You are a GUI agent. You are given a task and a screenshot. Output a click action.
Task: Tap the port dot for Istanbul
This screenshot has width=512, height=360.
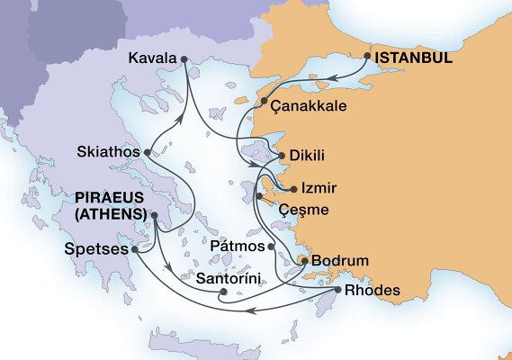pyautogui.click(x=368, y=56)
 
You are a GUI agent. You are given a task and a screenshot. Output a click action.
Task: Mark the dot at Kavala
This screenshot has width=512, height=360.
pyautogui.click(x=184, y=59)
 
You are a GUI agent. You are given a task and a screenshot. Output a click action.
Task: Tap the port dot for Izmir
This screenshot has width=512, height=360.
pyautogui.click(x=293, y=189)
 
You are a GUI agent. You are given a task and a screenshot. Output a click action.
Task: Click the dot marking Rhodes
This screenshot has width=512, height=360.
pyautogui.click(x=337, y=291)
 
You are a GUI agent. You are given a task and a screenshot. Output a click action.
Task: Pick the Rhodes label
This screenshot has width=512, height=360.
pyautogui.click(x=371, y=291)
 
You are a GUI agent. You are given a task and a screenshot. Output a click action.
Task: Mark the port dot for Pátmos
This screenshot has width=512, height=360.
pyautogui.click(x=270, y=245)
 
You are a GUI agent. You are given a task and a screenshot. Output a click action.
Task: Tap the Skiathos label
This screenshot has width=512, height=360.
pyautogui.click(x=108, y=152)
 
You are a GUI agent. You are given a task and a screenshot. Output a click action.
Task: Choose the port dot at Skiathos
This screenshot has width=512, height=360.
pyautogui.click(x=147, y=153)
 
